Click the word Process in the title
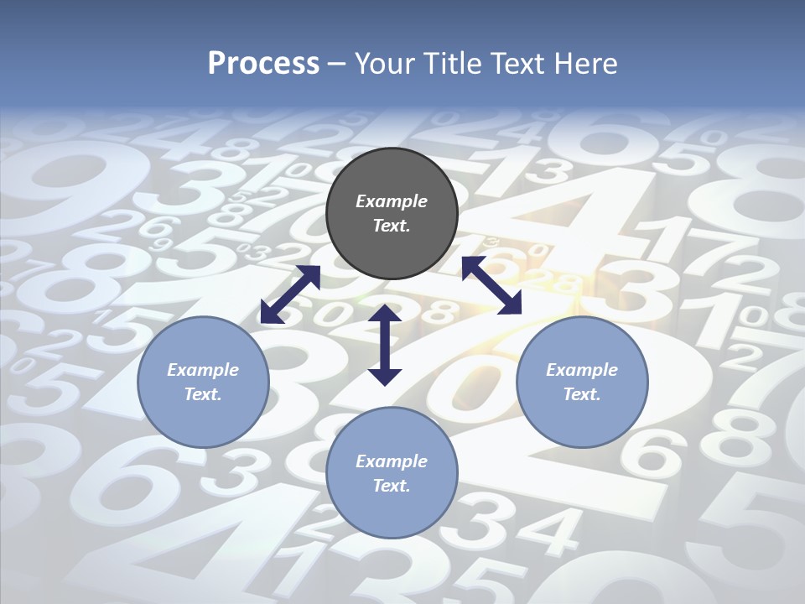click(x=263, y=64)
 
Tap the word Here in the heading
click(x=587, y=64)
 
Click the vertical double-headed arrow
click(x=385, y=345)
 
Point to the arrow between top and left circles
click(x=290, y=294)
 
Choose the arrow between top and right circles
click(x=491, y=285)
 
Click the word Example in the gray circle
click(x=392, y=201)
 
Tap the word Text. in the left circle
click(x=203, y=394)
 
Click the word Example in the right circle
click(x=582, y=370)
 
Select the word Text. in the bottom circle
click(x=392, y=486)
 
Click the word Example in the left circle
click(x=203, y=370)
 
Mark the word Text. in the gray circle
click(x=392, y=226)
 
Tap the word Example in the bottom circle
click(x=392, y=461)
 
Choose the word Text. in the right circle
click(x=582, y=394)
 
